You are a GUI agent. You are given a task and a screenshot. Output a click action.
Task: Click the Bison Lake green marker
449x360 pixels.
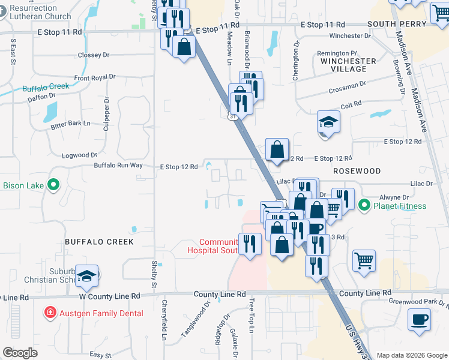53,185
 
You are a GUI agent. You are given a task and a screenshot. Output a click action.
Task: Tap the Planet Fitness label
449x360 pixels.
400,206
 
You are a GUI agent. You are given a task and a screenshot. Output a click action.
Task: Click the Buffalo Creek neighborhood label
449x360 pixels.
99,242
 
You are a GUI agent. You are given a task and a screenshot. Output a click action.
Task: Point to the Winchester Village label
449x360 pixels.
348,65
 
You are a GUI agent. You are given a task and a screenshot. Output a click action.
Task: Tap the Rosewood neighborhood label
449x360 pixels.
357,171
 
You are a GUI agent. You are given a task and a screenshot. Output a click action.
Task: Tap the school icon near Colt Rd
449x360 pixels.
328,122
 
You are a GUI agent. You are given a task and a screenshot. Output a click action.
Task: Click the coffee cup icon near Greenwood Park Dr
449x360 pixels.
419,319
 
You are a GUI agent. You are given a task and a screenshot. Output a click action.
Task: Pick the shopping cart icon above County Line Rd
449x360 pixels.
364,261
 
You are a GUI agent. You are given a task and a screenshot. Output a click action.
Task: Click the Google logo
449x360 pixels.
20,353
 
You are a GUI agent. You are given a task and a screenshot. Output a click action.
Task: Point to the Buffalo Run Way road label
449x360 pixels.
118,165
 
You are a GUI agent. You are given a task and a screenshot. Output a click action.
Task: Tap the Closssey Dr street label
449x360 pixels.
94,55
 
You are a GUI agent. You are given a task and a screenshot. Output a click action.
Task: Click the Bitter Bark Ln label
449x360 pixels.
70,123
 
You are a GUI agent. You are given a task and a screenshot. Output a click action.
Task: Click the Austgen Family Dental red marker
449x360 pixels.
51,313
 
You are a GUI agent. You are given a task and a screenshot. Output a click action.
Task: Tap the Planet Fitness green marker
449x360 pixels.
364,206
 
